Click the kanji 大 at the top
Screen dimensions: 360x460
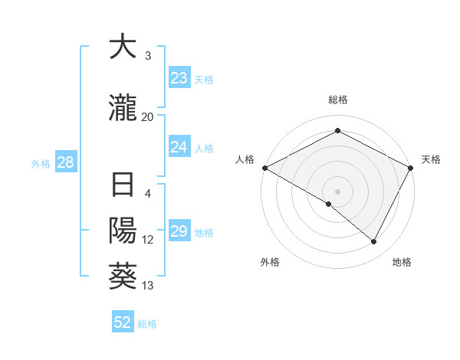123,47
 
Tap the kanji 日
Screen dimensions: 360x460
123,186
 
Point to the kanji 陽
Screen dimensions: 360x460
123,231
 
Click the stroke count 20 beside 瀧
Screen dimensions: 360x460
148,116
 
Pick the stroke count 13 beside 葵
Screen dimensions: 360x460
148,286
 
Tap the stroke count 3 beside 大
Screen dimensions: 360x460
148,56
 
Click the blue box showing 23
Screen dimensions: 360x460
179,78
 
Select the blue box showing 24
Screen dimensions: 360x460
179,147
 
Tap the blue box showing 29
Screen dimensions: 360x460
179,231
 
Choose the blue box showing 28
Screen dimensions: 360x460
64,162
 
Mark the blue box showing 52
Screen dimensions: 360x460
123,322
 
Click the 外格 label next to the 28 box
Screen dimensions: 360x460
41,163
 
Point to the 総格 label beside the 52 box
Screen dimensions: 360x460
147,323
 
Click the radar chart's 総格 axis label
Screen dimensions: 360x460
338,100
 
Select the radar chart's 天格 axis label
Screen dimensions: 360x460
431,159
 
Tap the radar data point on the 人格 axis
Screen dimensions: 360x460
264,168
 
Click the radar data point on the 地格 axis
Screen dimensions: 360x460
374,242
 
